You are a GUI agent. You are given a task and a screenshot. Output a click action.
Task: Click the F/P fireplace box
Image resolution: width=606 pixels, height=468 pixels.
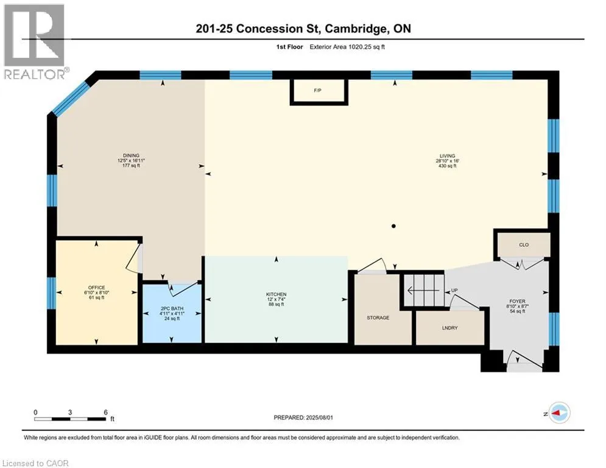(x=318, y=91)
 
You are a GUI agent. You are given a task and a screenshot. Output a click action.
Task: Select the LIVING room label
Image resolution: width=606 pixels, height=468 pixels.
(x=449, y=156)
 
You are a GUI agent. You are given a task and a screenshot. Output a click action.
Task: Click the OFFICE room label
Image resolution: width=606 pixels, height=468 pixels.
(x=96, y=288)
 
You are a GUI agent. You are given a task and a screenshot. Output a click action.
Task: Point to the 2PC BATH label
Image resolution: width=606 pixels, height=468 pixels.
(x=171, y=308)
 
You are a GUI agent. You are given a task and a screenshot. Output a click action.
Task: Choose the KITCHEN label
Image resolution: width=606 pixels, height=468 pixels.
(x=275, y=294)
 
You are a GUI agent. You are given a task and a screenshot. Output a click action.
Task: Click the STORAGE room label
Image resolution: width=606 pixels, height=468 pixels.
(x=378, y=317)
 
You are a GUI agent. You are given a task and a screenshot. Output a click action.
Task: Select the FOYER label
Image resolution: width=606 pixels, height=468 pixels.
(x=517, y=301)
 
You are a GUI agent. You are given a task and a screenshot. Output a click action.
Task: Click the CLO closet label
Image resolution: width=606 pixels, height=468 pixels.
(x=523, y=245)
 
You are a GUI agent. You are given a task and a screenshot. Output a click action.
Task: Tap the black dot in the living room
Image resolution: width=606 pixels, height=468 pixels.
(x=393, y=226)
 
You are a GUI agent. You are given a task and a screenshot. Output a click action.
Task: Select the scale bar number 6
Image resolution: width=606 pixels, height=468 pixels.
(x=106, y=411)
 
